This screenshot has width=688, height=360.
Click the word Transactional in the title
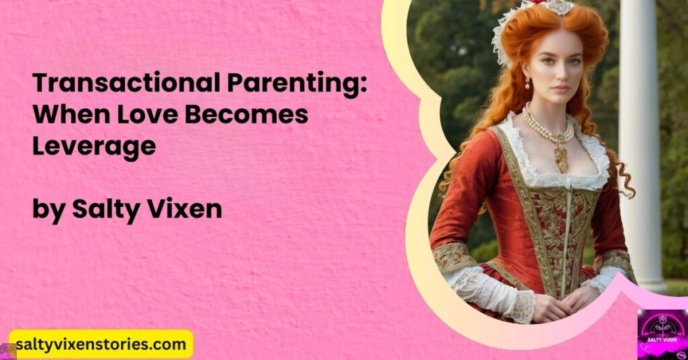126,83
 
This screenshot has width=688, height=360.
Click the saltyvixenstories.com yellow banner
101,345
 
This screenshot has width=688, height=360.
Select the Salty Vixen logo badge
662,334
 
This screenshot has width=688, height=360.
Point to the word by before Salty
48,210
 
